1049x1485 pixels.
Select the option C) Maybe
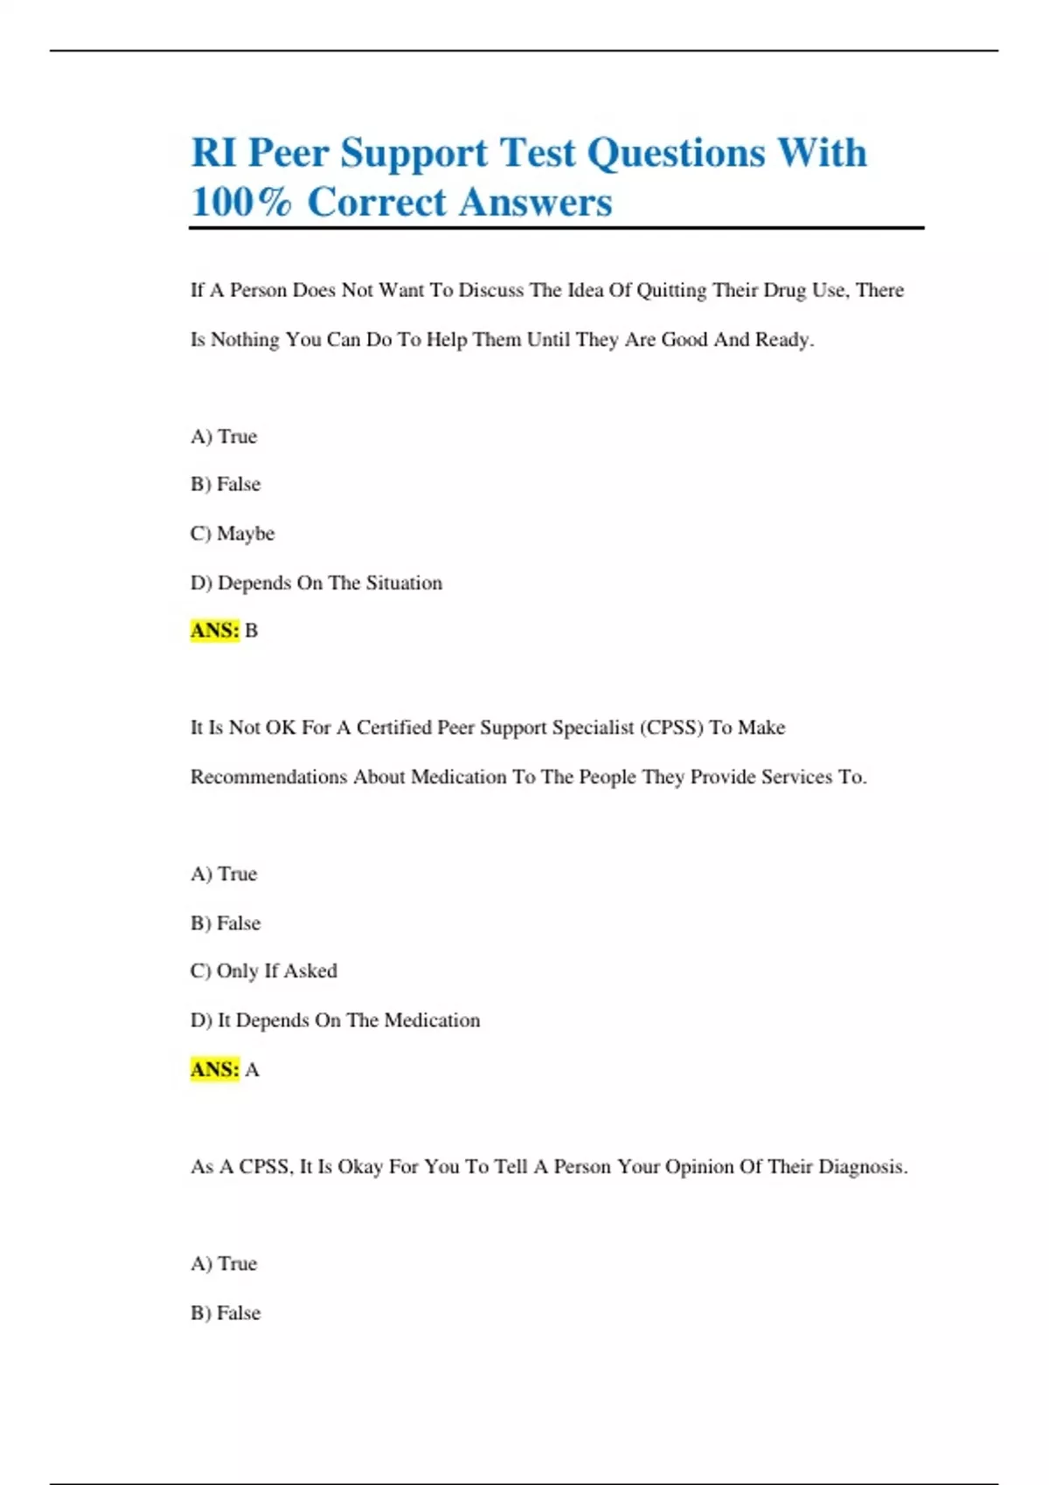233,534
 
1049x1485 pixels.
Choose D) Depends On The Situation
316,583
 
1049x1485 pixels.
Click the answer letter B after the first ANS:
252,631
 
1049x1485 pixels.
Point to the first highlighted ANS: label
214,631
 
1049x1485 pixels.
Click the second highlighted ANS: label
214,1069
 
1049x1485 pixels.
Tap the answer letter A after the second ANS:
252,1069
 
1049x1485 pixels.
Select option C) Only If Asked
264,971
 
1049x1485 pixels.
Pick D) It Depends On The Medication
336,1020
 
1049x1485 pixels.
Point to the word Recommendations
268,777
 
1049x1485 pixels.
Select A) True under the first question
224,437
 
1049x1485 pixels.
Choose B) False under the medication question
226,923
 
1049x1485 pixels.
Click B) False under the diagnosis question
226,1313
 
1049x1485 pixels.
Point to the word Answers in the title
535,203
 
